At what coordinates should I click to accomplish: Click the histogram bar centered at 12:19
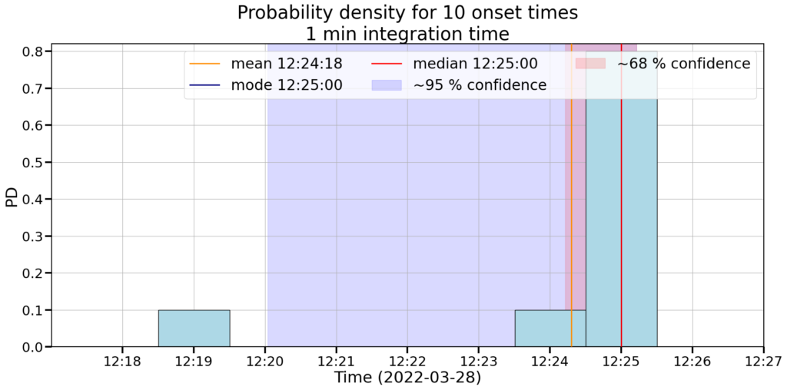pyautogui.click(x=194, y=329)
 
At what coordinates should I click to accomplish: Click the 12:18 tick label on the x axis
pyautogui.click(x=122, y=362)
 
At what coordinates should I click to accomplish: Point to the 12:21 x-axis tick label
pyautogui.click(x=336, y=362)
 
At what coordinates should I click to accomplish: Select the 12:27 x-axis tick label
pyautogui.click(x=763, y=362)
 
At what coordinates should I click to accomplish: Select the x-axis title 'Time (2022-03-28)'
pyautogui.click(x=407, y=378)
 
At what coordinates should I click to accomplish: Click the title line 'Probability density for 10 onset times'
pyautogui.click(x=407, y=13)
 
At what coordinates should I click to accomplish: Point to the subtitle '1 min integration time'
pyautogui.click(x=407, y=34)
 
